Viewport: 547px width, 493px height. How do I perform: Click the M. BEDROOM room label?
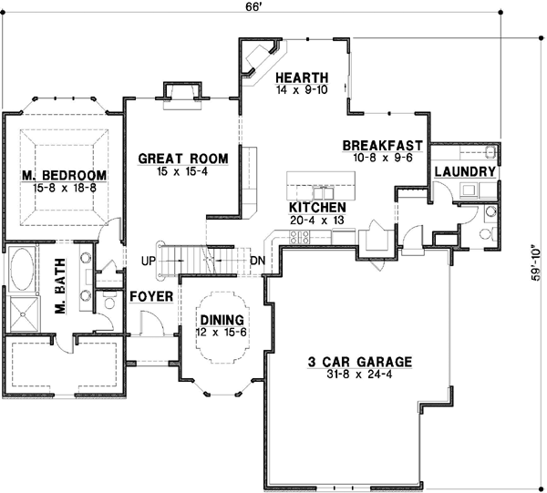65,175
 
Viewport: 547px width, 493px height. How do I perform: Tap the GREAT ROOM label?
183,158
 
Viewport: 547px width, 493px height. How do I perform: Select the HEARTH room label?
295,78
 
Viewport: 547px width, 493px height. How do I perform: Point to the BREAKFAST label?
381,145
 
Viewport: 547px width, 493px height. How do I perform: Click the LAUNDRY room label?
465,171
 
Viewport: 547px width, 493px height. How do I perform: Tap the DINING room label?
222,320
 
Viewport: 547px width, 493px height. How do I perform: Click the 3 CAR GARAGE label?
359,361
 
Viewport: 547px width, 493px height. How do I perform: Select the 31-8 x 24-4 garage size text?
359,374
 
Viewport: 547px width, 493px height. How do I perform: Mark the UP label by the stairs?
148,262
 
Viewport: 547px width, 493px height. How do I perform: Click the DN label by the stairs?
258,262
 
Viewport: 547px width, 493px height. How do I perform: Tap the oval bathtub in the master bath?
21,271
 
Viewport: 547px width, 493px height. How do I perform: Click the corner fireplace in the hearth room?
260,56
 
